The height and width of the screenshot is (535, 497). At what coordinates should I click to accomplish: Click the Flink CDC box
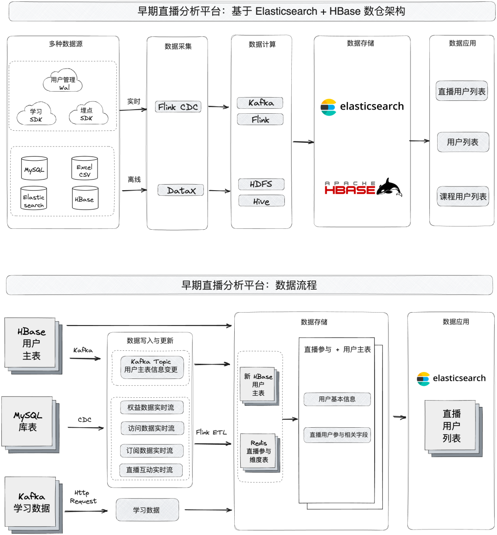178,107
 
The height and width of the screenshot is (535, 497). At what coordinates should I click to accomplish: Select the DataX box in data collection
181,190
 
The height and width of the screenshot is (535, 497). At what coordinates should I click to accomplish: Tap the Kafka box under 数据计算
260,103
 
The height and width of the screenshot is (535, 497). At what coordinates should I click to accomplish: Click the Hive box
261,201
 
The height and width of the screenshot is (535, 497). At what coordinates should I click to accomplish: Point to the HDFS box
261,184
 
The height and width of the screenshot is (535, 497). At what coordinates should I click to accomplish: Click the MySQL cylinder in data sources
34,169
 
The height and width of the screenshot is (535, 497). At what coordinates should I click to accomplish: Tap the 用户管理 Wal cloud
63,82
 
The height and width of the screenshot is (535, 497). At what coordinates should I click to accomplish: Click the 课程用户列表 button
463,197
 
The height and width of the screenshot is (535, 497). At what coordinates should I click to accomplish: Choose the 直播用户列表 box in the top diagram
462,91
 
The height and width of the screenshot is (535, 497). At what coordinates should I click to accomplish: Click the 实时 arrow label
134,101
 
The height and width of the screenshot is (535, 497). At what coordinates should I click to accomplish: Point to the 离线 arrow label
134,180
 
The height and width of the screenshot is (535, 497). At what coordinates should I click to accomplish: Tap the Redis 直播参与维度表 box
259,451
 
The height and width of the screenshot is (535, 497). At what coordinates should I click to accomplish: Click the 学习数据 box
147,510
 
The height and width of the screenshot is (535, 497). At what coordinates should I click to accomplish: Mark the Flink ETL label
211,432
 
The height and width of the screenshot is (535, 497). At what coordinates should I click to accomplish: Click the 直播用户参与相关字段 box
337,435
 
